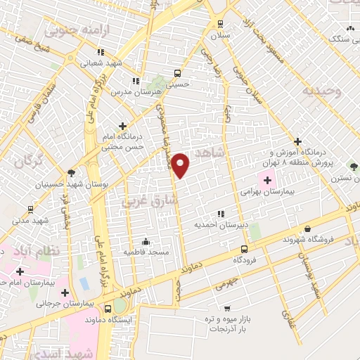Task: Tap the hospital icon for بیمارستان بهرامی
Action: click(267, 179)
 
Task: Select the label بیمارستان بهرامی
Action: click(267, 191)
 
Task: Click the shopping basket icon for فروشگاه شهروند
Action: click(308, 229)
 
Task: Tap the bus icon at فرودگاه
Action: click(244, 249)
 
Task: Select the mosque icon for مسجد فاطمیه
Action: click(146, 240)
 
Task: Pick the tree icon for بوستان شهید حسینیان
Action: click(70, 173)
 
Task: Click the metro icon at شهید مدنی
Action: click(30, 209)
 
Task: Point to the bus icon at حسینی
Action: click(176, 72)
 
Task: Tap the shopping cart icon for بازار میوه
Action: click(226, 308)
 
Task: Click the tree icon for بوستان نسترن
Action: click(354, 167)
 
